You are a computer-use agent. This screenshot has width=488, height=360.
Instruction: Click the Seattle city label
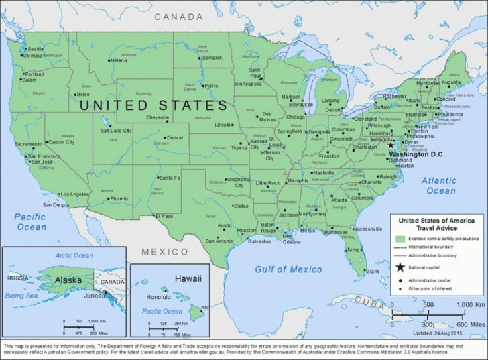pyautogui.click(x=35, y=49)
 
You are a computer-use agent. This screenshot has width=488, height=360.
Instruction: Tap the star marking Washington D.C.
pyautogui.click(x=391, y=145)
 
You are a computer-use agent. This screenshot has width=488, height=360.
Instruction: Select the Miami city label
pyautogui.click(x=372, y=272)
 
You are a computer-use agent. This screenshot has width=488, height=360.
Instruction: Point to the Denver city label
pyautogui.click(x=175, y=137)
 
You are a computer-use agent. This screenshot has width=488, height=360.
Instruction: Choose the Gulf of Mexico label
pyautogui.click(x=289, y=269)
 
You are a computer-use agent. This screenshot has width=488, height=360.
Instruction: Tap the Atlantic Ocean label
pyautogui.click(x=439, y=186)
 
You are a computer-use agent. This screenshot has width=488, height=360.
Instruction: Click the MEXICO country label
pyautogui.click(x=165, y=252)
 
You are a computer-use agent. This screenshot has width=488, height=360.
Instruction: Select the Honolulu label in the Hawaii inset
pyautogui.click(x=159, y=297)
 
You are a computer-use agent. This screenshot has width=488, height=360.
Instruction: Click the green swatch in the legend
pyautogui.click(x=401, y=239)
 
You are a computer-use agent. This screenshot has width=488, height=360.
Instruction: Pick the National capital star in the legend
pyautogui.click(x=401, y=268)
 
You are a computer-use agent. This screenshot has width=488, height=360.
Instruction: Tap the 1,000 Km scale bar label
pyautogui.click(x=470, y=305)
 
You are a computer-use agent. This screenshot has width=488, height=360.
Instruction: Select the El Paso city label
pyautogui.click(x=164, y=216)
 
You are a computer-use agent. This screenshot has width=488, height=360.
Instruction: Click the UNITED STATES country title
pyautogui.click(x=154, y=106)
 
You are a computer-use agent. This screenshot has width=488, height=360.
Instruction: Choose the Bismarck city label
pyautogui.click(x=211, y=58)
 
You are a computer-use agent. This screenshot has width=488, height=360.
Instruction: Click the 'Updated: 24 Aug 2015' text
pyautogui.click(x=438, y=333)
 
